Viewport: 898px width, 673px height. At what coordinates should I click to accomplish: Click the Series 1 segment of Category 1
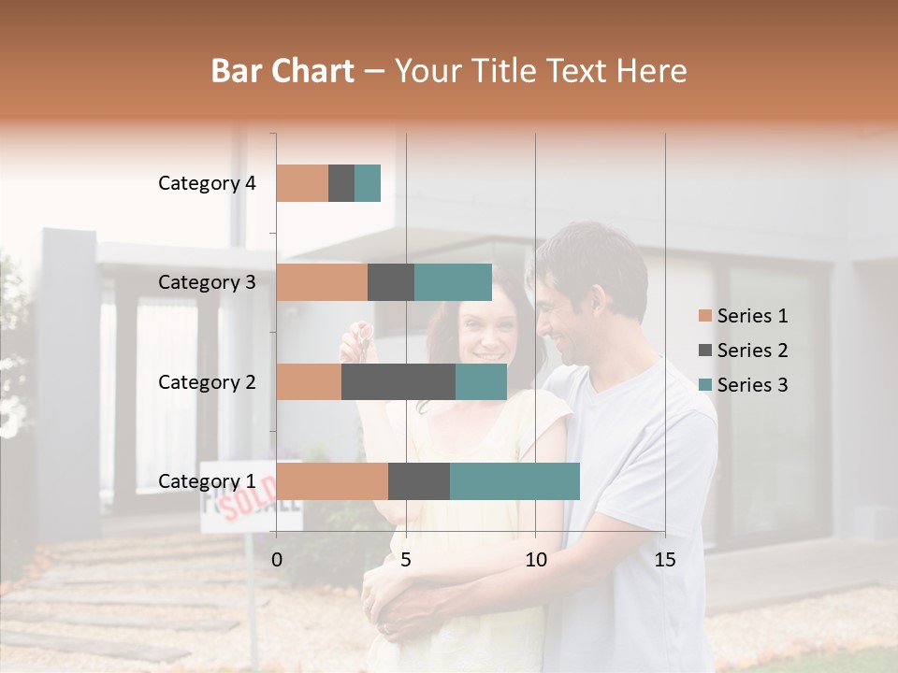click(332, 481)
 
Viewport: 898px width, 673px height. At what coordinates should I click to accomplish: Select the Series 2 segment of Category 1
click(419, 481)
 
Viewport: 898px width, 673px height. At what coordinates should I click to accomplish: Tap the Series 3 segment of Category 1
click(514, 481)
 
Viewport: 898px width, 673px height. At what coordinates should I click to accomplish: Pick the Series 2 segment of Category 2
click(398, 381)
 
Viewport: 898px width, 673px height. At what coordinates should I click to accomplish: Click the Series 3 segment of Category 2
click(481, 381)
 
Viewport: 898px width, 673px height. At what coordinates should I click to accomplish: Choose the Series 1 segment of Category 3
click(322, 282)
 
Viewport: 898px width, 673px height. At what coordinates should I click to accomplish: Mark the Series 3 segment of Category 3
click(453, 282)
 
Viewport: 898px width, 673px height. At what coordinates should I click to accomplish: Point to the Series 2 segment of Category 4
click(341, 183)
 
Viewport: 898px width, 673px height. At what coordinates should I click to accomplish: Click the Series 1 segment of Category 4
click(302, 183)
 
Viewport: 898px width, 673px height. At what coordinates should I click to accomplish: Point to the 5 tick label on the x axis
click(406, 560)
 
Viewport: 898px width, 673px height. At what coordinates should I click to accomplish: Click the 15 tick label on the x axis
click(664, 560)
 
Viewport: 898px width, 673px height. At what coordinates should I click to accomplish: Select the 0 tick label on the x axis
click(277, 560)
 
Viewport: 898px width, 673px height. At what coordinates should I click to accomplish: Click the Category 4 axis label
click(207, 183)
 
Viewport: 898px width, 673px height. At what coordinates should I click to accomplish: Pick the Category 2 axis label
click(207, 381)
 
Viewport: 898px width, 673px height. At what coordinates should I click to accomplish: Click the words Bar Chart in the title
click(282, 71)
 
